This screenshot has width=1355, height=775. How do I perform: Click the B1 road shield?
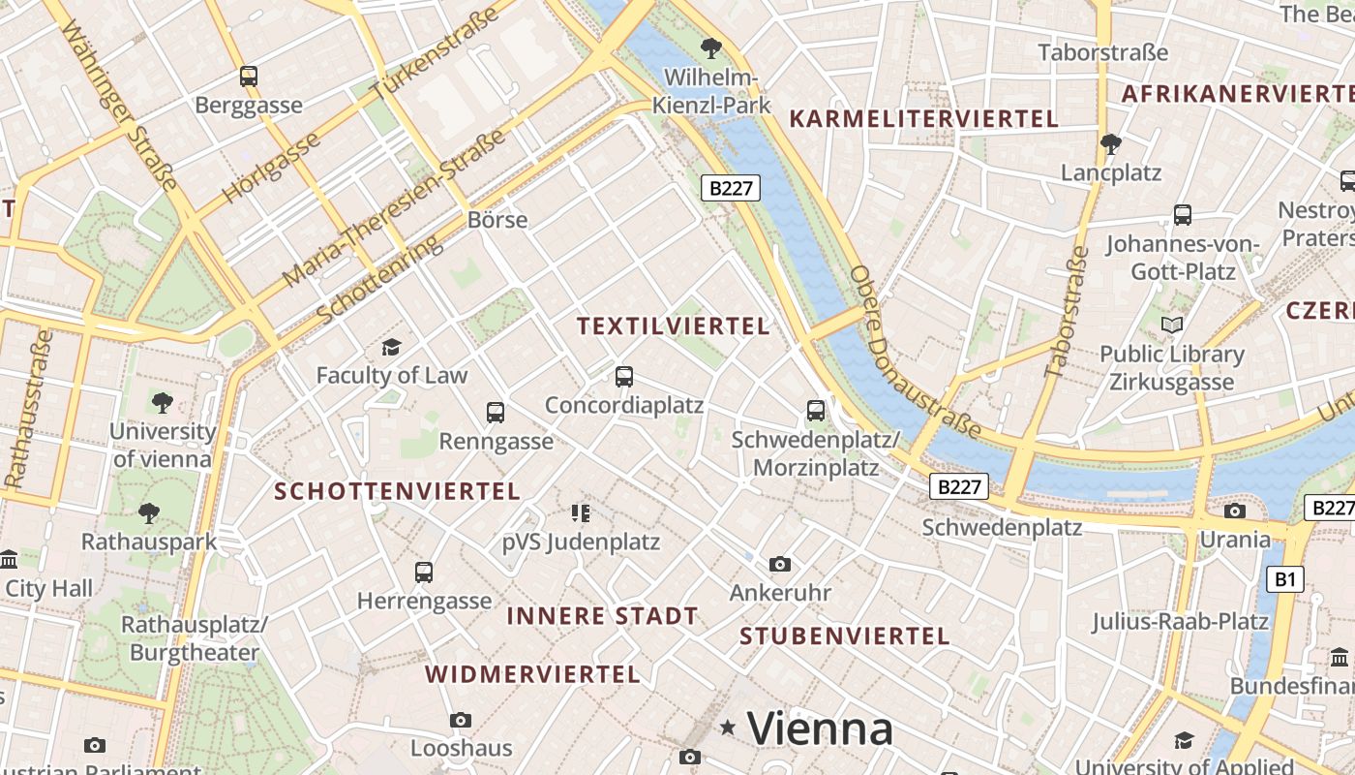1284,579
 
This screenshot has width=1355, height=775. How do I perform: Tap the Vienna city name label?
820,728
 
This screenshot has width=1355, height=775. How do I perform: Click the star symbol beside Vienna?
728,727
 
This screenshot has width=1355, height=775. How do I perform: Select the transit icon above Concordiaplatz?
624,377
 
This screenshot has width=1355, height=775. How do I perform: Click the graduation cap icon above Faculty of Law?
391,347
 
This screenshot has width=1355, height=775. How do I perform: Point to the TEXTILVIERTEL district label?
674,326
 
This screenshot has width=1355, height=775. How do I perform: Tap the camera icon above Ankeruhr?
780,564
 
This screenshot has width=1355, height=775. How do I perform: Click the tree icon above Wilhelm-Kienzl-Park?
711,47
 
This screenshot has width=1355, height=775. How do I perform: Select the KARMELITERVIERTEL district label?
924,119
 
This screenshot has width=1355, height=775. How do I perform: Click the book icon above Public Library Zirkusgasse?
1172,325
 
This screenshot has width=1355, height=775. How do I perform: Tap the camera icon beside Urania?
1235,511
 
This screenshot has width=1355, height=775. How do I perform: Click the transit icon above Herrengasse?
424,573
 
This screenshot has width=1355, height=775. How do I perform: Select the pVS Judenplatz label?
581,542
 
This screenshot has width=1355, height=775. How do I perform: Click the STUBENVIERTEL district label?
844,636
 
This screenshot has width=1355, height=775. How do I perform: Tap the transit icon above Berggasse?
249,77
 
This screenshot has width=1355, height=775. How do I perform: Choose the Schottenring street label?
379,279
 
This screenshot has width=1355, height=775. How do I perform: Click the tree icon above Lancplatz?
1111,144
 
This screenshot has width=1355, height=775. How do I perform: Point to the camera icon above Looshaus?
461,720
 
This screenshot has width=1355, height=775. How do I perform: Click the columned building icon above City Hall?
10,559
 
